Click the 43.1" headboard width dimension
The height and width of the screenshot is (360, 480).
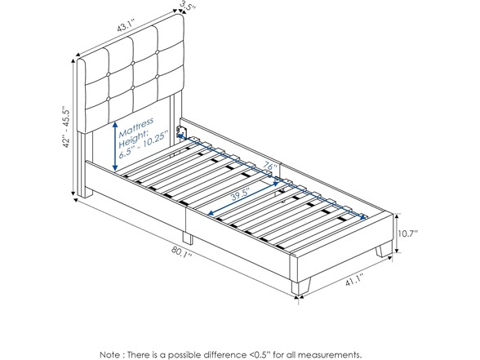point(127,25)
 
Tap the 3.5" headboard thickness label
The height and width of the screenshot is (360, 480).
point(188,7)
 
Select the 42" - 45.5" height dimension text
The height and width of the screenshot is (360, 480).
point(66,127)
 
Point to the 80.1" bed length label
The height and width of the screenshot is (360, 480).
point(181,251)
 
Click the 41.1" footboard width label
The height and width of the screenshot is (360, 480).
point(354,280)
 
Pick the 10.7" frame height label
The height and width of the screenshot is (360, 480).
point(408,233)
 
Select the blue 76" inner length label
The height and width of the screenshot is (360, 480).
point(270,168)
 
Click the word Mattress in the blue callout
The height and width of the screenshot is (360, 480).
point(136,127)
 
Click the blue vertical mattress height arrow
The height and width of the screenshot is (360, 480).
point(115,145)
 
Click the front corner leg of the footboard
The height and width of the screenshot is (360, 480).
point(300,287)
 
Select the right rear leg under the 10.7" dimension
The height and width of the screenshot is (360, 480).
point(384,248)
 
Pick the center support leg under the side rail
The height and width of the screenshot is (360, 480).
point(188,238)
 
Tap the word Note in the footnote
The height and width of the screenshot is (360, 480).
point(111,354)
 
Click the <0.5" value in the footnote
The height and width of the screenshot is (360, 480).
point(259,354)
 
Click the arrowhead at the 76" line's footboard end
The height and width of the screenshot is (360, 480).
point(364,218)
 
